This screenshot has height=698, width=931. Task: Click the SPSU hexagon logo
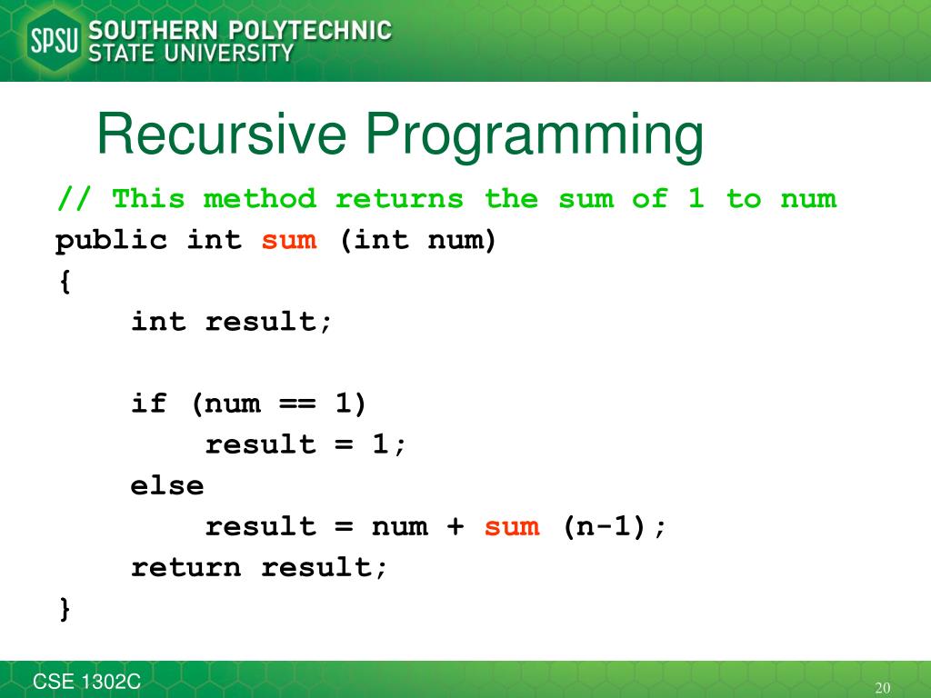tap(55, 41)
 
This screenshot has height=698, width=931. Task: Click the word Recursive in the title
tap(222, 135)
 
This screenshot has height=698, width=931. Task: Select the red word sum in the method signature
tap(289, 241)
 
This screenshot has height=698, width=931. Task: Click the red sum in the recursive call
tap(512, 526)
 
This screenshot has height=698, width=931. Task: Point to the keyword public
tap(112, 241)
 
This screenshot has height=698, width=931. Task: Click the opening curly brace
tap(65, 282)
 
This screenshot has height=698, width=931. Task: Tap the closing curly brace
tap(65, 608)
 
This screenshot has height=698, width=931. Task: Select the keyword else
tap(167, 485)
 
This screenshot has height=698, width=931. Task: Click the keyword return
tap(185, 567)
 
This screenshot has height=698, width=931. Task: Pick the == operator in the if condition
tap(297, 404)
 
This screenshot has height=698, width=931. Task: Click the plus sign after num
tap(455, 526)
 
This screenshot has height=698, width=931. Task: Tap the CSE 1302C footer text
tap(87, 683)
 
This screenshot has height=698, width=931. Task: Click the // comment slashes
tap(74, 198)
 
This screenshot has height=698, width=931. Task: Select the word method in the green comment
tap(260, 198)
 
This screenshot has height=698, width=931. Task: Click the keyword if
tap(149, 404)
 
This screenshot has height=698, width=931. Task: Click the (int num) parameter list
tap(418, 241)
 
